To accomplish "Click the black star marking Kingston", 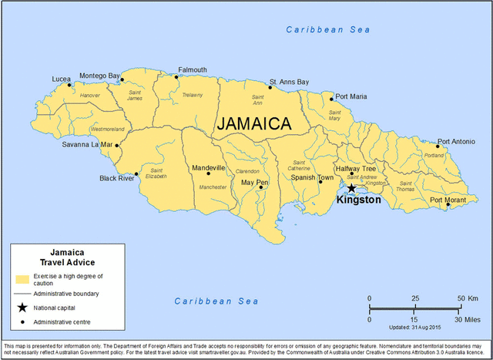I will pyautogui.click(x=351, y=188).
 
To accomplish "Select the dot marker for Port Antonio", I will pyautogui.click(x=437, y=146).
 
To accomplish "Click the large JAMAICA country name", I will pyautogui.click(x=253, y=123).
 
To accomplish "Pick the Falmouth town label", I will pyautogui.click(x=192, y=69).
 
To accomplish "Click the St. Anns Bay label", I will pyautogui.click(x=289, y=81).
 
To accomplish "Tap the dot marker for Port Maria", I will pyautogui.click(x=332, y=99).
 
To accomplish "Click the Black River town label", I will pyautogui.click(x=116, y=178).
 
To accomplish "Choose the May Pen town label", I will pyautogui.click(x=254, y=183).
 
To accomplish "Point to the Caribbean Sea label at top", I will pyautogui.click(x=328, y=29).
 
